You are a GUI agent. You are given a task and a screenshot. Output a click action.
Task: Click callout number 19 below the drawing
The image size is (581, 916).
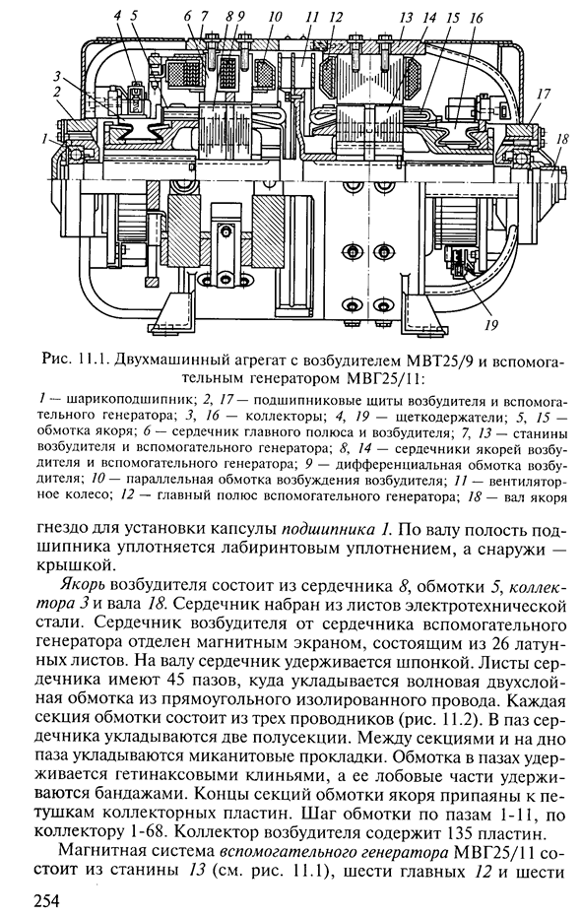(492, 324)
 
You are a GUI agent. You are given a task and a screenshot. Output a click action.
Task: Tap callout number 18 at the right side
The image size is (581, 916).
(563, 140)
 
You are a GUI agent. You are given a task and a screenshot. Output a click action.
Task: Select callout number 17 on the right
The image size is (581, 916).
(545, 94)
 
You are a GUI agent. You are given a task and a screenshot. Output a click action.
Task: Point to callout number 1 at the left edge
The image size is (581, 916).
(44, 139)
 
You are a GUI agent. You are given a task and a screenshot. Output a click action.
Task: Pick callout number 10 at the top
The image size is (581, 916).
(275, 17)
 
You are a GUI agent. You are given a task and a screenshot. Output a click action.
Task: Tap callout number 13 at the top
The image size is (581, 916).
(406, 18)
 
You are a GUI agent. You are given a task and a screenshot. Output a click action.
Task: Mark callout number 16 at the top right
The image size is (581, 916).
(476, 18)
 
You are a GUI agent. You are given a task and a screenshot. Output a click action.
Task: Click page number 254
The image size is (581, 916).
(48, 901)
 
